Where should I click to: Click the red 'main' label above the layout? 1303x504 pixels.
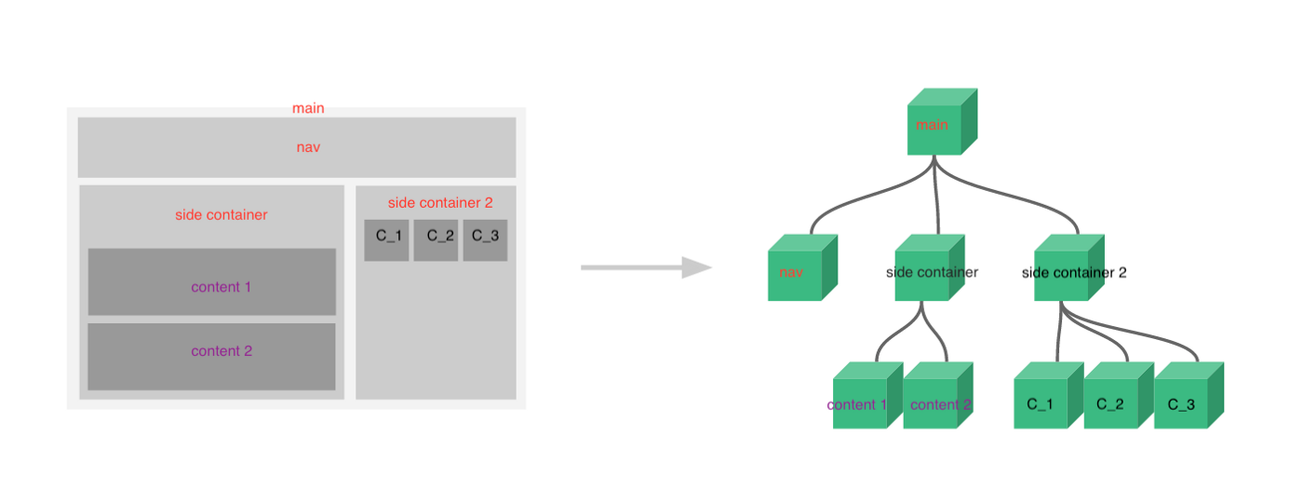(x=308, y=108)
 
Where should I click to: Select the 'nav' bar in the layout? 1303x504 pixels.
(x=296, y=147)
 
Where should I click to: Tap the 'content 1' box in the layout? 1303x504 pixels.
(x=211, y=281)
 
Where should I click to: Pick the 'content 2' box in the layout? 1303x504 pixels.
(x=211, y=356)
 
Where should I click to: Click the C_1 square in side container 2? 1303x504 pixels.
(x=386, y=239)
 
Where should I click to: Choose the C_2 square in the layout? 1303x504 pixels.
(x=436, y=239)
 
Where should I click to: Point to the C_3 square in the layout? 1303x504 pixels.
(x=485, y=239)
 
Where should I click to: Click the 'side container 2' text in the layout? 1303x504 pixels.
(x=440, y=202)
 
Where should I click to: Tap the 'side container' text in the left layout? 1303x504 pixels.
(x=221, y=215)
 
